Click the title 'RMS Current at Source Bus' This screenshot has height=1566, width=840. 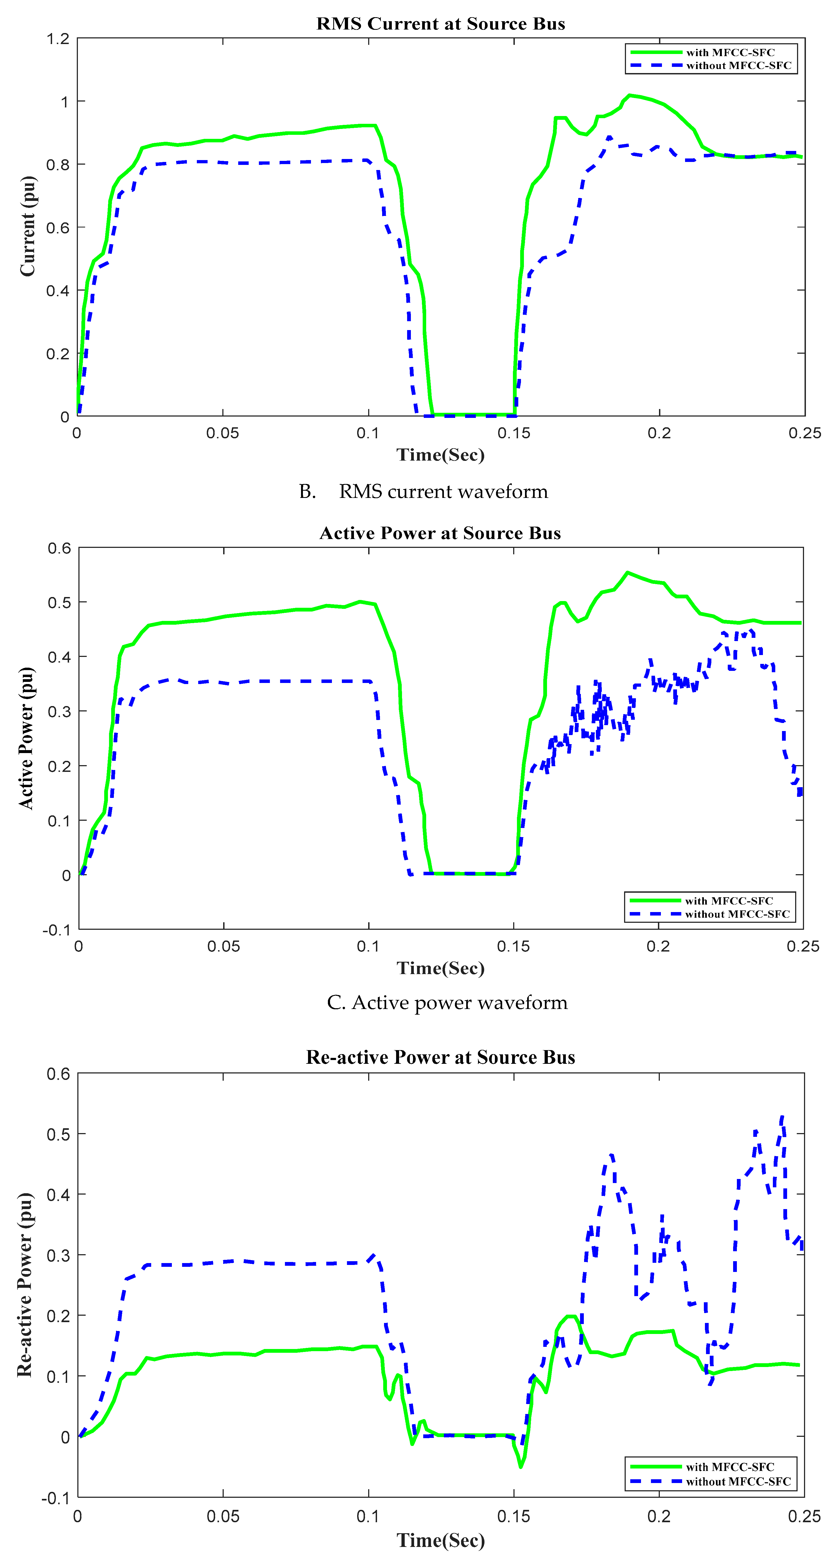pyautogui.click(x=441, y=24)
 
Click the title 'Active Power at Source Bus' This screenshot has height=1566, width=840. pyautogui.click(x=440, y=533)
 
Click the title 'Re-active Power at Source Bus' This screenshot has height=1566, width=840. pyautogui.click(x=440, y=1057)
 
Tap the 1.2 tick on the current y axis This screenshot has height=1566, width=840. pyautogui.click(x=58, y=39)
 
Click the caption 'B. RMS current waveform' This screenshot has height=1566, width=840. pyautogui.click(x=424, y=491)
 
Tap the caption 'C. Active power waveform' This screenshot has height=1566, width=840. pyautogui.click(x=447, y=1003)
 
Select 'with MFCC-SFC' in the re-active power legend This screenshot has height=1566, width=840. pyautogui.click(x=730, y=1467)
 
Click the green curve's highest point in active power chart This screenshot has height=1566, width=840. pyautogui.click(x=628, y=573)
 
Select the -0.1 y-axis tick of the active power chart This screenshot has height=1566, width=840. pyautogui.click(x=56, y=930)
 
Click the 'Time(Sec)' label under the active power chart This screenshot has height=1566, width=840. pyautogui.click(x=441, y=968)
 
